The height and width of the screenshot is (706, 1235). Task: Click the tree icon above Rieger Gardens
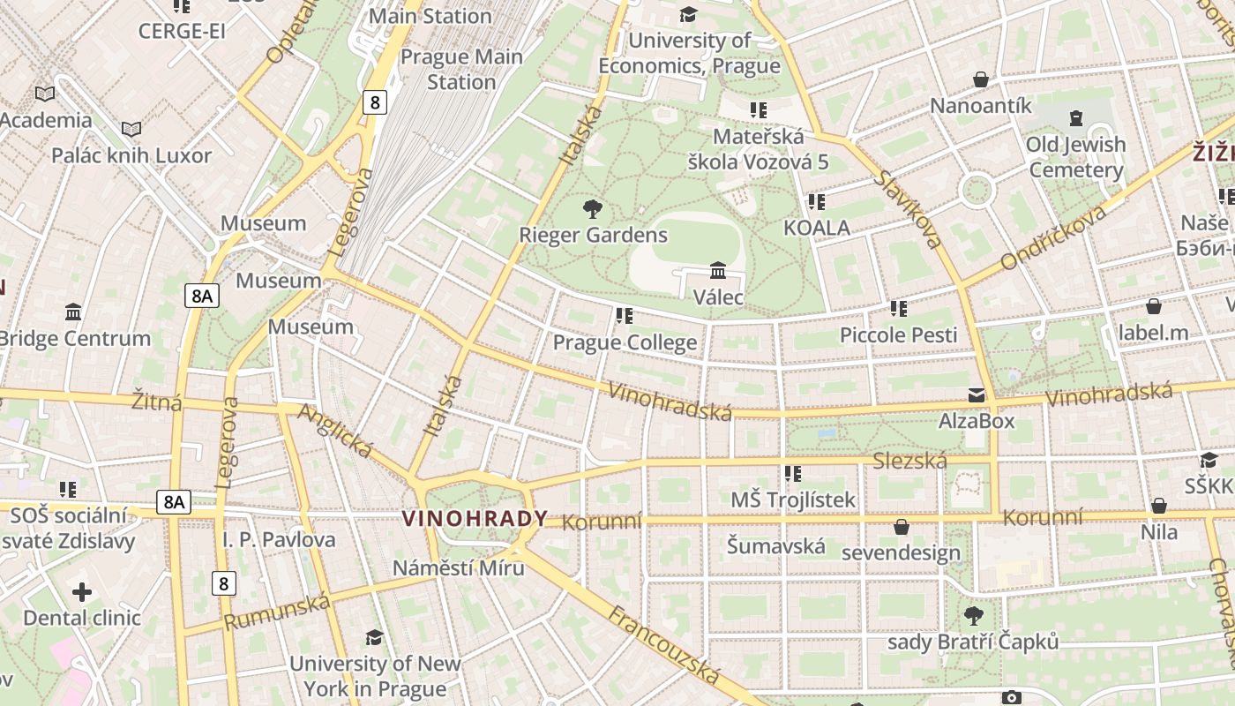pos(593,209)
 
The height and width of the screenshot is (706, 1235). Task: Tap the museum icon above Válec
pos(718,270)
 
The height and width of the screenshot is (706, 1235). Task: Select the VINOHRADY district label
pos(475,519)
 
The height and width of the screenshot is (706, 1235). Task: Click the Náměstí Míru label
pos(458,567)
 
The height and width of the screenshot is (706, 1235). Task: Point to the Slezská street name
pos(909,461)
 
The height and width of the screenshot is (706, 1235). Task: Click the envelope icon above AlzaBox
pos(977,395)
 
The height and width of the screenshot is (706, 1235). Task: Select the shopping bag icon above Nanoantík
pos(980,80)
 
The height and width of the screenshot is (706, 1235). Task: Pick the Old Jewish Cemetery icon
pos(1075,117)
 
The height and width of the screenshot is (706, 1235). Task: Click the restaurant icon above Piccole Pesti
pos(898,309)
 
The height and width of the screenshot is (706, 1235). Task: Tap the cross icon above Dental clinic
pos(81,591)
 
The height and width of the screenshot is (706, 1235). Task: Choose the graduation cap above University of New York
pos(375,637)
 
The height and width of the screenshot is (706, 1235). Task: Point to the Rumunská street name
pos(277,612)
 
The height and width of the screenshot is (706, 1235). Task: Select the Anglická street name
pos(335,430)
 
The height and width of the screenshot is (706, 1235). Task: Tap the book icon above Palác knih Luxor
pos(131,130)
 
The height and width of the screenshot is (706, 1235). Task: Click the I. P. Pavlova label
pos(279,539)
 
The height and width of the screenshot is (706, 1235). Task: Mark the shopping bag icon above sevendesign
pos(901,527)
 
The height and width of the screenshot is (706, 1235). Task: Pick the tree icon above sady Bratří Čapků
pos(973,615)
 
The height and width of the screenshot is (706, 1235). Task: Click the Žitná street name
pos(157,402)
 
